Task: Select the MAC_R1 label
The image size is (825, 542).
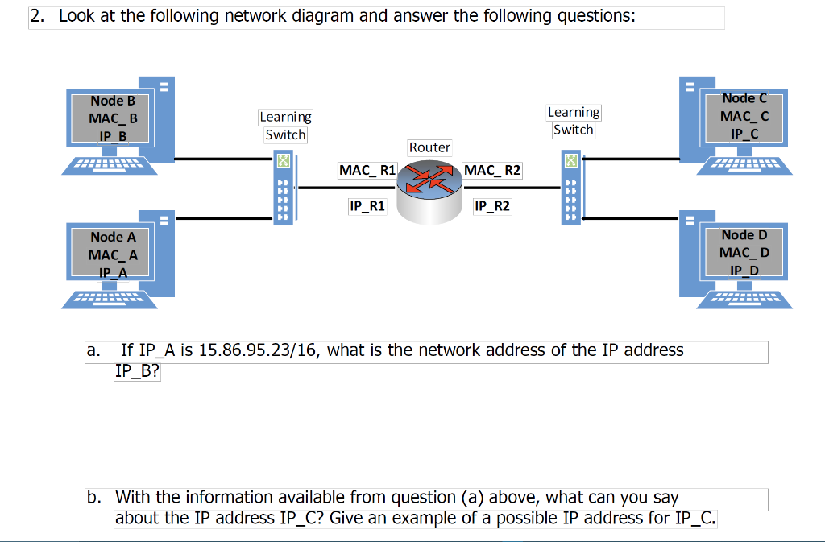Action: pos(367,170)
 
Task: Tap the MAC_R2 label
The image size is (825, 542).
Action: pos(492,171)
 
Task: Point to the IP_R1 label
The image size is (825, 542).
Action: pos(367,206)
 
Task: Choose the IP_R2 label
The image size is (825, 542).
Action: pos(491,206)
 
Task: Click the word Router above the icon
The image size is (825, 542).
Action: pos(429,147)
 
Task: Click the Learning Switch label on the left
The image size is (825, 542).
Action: pos(285,126)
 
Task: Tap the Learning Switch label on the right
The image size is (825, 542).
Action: pos(573,121)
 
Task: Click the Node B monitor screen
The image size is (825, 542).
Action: pos(113,118)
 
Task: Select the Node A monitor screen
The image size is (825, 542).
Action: pos(113,254)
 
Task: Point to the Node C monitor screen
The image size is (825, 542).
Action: pos(744,116)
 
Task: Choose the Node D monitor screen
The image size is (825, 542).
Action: pos(744,252)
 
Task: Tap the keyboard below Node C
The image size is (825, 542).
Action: pos(748,166)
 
